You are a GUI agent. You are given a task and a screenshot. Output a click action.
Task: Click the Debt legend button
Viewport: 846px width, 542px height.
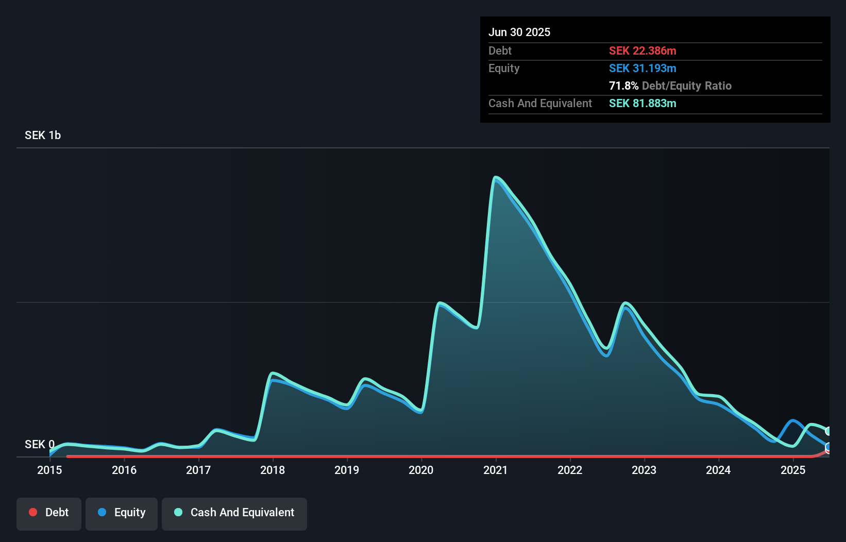pyautogui.click(x=49, y=513)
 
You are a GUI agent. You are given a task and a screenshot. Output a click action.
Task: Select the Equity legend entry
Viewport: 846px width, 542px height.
pyautogui.click(x=122, y=513)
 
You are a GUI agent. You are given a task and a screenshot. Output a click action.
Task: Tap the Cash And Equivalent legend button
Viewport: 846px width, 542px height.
pyautogui.click(x=234, y=513)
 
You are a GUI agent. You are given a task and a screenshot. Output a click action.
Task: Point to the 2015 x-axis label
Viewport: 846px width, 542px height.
pyautogui.click(x=49, y=470)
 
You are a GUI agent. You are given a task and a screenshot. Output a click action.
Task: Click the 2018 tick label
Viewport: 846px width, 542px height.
pyautogui.click(x=273, y=470)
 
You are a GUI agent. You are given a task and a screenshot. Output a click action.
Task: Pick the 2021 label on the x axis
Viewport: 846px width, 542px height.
pyautogui.click(x=496, y=470)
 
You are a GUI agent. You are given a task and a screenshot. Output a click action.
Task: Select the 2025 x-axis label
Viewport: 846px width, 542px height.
pyautogui.click(x=793, y=470)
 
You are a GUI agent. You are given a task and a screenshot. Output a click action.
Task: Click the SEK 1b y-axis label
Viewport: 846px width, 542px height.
pyautogui.click(x=43, y=135)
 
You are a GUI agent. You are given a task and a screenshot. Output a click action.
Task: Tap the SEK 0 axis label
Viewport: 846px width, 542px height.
pyautogui.click(x=40, y=444)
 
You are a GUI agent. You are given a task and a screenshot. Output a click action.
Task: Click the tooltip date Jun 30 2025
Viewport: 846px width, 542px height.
pyautogui.click(x=519, y=32)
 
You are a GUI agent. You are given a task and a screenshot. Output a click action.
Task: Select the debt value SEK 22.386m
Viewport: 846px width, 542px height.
pyautogui.click(x=642, y=50)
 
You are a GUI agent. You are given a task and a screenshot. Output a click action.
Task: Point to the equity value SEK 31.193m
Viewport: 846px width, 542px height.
pyautogui.click(x=642, y=68)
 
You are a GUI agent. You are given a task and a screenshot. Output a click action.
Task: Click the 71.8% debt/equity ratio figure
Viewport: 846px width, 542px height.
pyautogui.click(x=623, y=86)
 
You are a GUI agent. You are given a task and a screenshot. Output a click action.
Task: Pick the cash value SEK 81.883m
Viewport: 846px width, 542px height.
pyautogui.click(x=642, y=103)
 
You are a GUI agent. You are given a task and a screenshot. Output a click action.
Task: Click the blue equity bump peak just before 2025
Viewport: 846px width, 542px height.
pyautogui.click(x=793, y=421)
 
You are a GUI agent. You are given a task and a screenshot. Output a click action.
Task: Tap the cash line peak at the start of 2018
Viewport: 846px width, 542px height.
pyautogui.click(x=273, y=372)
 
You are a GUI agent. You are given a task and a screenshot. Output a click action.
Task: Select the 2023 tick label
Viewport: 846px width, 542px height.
pyautogui.click(x=644, y=470)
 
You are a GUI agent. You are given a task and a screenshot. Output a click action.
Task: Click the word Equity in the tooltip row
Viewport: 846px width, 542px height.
pyautogui.click(x=504, y=68)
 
